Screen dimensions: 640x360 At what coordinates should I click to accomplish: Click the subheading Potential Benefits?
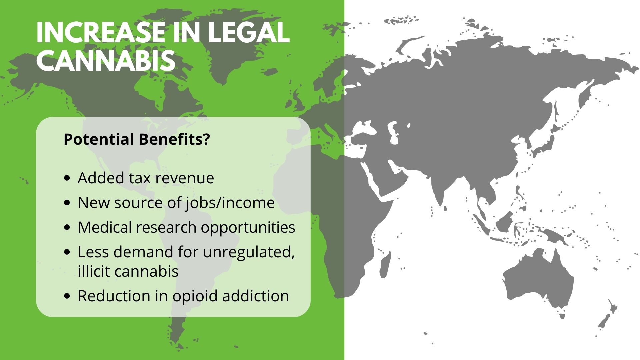137,139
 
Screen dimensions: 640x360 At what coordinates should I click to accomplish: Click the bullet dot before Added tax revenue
68,178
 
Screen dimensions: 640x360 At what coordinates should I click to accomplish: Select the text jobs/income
229,203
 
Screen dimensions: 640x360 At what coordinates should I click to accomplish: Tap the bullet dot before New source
68,203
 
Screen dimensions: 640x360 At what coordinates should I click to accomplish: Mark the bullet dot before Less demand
68,252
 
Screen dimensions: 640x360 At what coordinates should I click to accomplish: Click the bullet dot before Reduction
68,296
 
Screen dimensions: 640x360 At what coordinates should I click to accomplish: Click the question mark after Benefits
206,139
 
